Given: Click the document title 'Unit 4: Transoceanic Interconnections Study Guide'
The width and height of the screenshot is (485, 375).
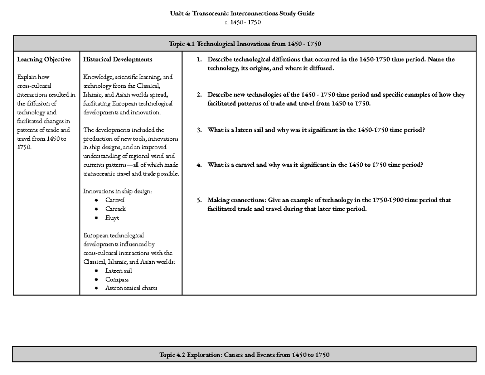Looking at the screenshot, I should click(x=242, y=13).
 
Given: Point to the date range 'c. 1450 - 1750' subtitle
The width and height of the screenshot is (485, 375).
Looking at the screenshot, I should click(x=242, y=22).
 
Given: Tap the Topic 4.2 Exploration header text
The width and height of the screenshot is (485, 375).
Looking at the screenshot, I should click(x=245, y=355).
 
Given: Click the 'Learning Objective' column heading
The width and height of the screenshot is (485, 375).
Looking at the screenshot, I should click(x=44, y=59).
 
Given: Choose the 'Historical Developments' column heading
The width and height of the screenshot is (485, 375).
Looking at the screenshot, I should click(x=117, y=59).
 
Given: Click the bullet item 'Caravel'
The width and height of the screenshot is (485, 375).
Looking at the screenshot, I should click(x=115, y=200).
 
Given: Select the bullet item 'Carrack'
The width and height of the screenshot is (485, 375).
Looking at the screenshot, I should click(x=115, y=209).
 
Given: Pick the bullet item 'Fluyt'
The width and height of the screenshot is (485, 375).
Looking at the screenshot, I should click(x=112, y=218).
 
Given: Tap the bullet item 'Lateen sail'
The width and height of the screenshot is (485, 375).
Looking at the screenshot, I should click(x=118, y=271).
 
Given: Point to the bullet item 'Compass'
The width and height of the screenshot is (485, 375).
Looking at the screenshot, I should click(x=117, y=280).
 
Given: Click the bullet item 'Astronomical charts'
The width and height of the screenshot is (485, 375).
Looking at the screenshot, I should click(x=131, y=288).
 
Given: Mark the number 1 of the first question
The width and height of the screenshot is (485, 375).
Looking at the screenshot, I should click(x=198, y=59).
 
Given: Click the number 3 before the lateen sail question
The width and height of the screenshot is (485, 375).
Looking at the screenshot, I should click(x=198, y=130).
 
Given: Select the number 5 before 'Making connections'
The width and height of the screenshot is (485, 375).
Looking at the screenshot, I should click(x=198, y=200).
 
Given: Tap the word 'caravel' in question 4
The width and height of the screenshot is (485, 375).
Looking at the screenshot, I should click(x=242, y=165).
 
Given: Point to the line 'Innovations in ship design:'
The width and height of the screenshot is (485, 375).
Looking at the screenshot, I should click(x=117, y=191).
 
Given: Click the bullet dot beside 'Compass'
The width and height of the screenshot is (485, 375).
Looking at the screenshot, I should click(x=95, y=280).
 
